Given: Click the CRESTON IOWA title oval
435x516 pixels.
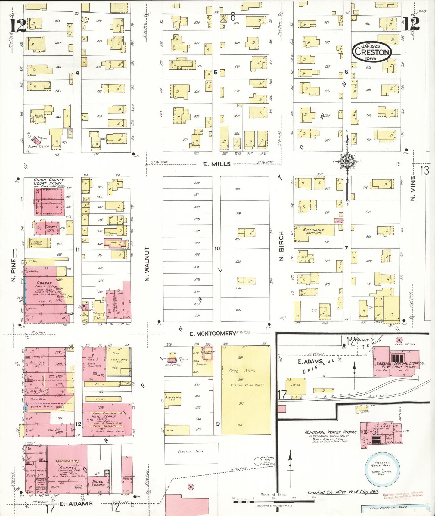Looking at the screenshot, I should (372, 52).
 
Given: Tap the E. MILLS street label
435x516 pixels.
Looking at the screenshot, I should (217, 164).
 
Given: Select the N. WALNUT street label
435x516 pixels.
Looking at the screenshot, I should (147, 264).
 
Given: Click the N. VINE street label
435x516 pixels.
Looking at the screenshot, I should (413, 188).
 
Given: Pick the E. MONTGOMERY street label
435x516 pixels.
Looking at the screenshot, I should (213, 334).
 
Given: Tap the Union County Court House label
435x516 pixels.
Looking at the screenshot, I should (48, 182).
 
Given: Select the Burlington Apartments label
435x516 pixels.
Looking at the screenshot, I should (313, 231).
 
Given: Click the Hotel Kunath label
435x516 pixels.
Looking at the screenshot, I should (98, 483).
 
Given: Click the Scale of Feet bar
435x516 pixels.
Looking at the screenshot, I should (274, 502).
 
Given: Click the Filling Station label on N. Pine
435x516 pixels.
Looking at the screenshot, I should (39, 146).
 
